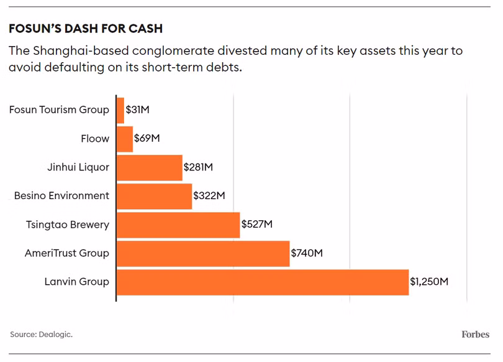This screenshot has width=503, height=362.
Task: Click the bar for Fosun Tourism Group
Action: click(x=120, y=111)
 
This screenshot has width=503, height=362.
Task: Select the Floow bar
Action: click(x=125, y=139)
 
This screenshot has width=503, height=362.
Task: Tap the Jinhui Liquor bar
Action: click(x=150, y=168)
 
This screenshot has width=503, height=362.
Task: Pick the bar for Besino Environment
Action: click(x=154, y=197)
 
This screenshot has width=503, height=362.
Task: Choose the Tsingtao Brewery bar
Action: click(x=178, y=225)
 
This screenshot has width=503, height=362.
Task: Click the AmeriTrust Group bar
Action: click(x=203, y=254)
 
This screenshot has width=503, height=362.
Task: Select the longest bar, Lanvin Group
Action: click(x=263, y=282)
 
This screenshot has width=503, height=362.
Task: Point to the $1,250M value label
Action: click(x=429, y=282)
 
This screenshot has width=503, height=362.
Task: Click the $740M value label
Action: click(x=307, y=253)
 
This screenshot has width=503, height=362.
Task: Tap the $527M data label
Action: click(x=257, y=224)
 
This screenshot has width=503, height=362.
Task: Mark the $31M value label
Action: click(x=138, y=110)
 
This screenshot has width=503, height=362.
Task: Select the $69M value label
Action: click(x=147, y=139)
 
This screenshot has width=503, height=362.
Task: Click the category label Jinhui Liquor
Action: click(x=78, y=167)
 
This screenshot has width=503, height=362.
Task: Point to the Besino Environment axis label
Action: click(x=61, y=195)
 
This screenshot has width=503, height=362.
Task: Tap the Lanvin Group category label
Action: click(x=76, y=282)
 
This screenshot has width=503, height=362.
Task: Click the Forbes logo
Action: click(x=476, y=335)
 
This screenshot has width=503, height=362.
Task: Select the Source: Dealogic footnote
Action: click(x=42, y=335)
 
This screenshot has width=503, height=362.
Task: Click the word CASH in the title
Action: click(x=146, y=29)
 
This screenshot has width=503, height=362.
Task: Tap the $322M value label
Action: click(x=209, y=195)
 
